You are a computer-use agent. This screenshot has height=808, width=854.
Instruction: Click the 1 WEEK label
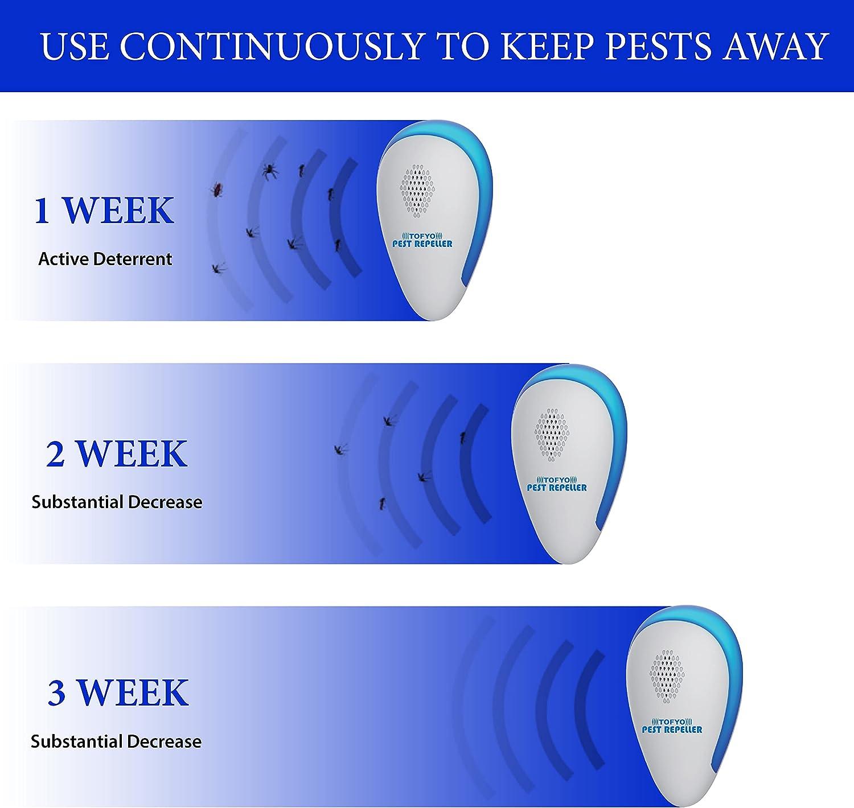click(x=104, y=210)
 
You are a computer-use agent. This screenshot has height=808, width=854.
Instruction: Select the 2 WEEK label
click(x=117, y=454)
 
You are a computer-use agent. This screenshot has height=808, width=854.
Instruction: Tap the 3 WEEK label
click(x=118, y=692)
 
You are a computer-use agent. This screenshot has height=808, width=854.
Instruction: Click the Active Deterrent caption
click(x=105, y=259)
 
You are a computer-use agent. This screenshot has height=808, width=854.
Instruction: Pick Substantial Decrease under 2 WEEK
click(x=117, y=502)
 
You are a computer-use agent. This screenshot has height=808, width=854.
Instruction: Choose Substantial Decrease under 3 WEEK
click(x=116, y=741)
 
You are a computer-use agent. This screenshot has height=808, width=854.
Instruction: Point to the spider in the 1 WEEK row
click(x=270, y=170)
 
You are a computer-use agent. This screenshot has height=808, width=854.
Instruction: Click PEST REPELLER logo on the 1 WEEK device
click(x=422, y=241)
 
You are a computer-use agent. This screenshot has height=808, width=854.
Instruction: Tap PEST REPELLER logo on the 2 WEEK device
click(x=556, y=484)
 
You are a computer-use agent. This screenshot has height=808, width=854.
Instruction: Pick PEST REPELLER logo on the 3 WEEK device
click(x=672, y=726)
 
